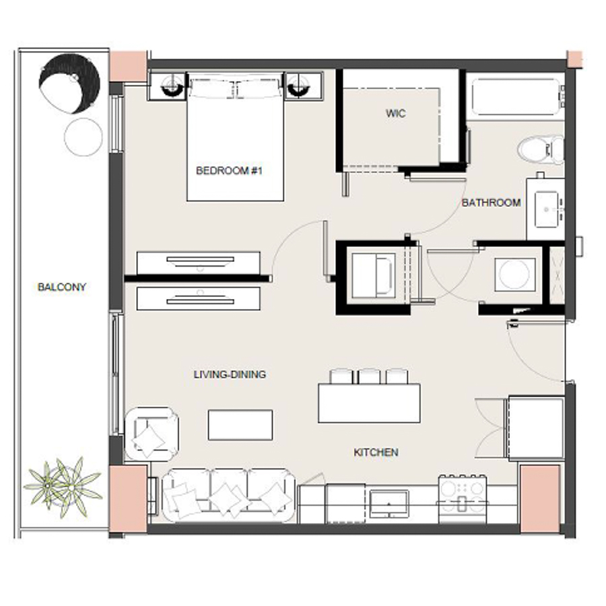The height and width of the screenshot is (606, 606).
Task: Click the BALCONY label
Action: coord(62,287)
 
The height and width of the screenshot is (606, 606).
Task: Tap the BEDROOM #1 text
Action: coord(228,171)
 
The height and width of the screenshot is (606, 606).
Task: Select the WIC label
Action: coord(396,114)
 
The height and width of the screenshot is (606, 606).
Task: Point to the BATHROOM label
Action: coord(491,203)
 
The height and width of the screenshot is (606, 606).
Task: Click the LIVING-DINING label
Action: coord(230,374)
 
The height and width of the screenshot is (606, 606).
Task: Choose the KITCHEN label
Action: coord(376,452)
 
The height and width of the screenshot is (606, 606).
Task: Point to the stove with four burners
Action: coord(463,496)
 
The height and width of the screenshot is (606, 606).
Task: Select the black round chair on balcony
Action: coord(69,84)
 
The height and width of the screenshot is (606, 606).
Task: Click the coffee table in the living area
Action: coord(240,424)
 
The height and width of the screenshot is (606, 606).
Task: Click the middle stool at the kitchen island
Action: coord(369,376)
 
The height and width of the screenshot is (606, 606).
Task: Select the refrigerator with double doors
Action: coord(535,428)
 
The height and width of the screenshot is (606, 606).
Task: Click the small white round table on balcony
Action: coord(83,137)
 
